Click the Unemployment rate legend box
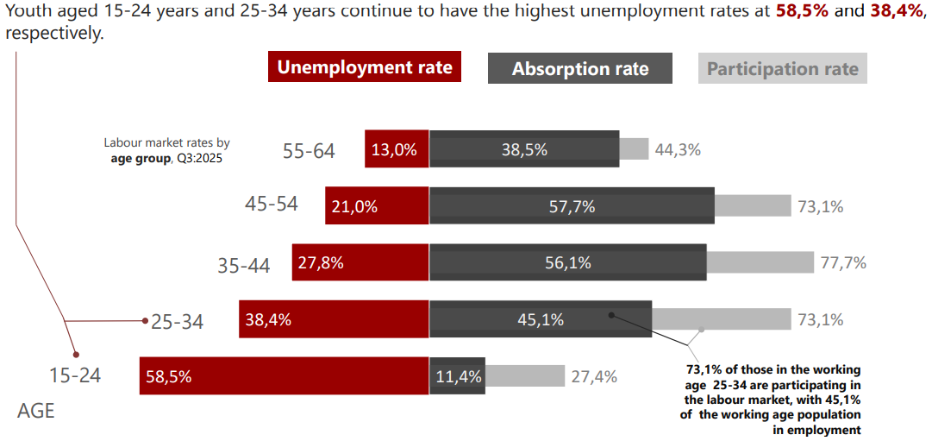pyautogui.click(x=364, y=68)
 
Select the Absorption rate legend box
pyautogui.click(x=579, y=69)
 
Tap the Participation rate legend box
pyautogui.click(x=782, y=69)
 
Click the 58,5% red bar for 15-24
pyautogui.click(x=285, y=376)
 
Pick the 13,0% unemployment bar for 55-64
pyautogui.click(x=397, y=149)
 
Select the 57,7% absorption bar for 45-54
pyautogui.click(x=572, y=206)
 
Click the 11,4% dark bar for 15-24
pyautogui.click(x=456, y=376)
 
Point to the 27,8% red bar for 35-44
pyautogui.click(x=360, y=263)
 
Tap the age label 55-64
pyautogui.click(x=309, y=151)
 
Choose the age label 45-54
pyautogui.click(x=272, y=205)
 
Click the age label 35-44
pyautogui.click(x=244, y=266)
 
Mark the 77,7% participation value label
pyautogui.click(x=843, y=263)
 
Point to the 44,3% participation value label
pyautogui.click(x=678, y=149)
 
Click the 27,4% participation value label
pyautogui.click(x=593, y=376)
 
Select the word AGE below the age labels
pyautogui.click(x=35, y=411)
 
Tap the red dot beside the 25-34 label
pyautogui.click(x=146, y=321)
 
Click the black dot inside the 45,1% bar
pyautogui.click(x=611, y=315)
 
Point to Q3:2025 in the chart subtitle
pyautogui.click(x=201, y=159)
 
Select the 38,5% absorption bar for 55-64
pyautogui.click(x=524, y=149)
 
